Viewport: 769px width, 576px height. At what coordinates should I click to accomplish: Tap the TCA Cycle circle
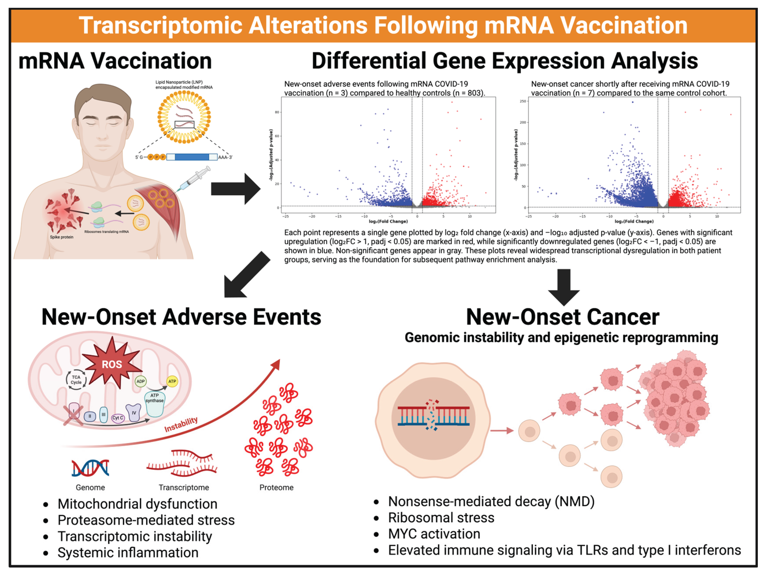[76, 379]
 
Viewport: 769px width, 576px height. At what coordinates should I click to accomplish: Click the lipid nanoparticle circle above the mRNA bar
[184, 117]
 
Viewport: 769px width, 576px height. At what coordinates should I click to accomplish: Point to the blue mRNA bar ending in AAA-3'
[192, 157]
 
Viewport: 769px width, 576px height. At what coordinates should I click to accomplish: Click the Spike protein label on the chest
[62, 237]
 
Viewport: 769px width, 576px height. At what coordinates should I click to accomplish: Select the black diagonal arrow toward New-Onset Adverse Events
[245, 276]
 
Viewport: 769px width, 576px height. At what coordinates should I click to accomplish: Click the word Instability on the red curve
[181, 424]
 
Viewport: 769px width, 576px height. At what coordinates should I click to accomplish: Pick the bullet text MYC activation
[434, 534]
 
